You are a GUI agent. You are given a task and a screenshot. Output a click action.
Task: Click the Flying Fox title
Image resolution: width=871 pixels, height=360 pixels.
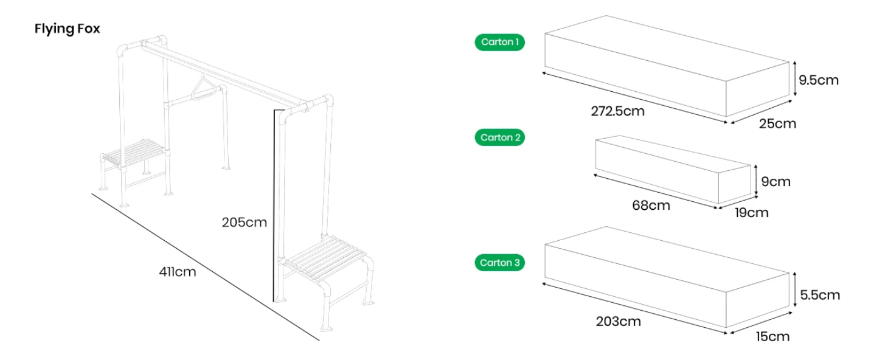(x=68, y=29)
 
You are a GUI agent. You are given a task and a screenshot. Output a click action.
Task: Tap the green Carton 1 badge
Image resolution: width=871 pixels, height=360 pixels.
(x=499, y=42)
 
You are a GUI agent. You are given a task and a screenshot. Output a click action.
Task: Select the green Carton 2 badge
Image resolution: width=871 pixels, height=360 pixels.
(x=499, y=137)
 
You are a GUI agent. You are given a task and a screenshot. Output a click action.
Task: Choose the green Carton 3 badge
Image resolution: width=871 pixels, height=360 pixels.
(x=499, y=263)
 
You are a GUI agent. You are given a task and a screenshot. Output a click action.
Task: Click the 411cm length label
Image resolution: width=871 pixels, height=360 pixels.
(x=178, y=272)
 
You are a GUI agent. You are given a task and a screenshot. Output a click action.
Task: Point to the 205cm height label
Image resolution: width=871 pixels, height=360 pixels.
(x=244, y=223)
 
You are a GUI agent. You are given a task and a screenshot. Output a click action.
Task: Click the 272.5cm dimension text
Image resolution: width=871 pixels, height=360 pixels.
(x=617, y=111)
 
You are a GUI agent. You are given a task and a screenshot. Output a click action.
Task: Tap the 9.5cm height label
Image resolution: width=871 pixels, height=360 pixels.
(x=819, y=80)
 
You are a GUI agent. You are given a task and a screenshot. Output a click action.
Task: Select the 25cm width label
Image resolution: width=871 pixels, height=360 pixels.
(x=777, y=123)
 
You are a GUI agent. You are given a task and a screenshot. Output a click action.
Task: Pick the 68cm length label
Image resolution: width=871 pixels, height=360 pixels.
(x=651, y=206)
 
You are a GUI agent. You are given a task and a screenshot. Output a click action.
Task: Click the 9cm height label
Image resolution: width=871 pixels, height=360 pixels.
(x=776, y=182)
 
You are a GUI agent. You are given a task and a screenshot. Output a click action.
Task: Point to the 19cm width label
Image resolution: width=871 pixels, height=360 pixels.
(x=751, y=213)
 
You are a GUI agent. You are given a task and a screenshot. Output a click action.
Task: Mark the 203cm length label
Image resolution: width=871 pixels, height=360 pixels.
(x=618, y=322)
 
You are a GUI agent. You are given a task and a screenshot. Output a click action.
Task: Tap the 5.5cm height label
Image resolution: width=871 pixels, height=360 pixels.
(x=820, y=295)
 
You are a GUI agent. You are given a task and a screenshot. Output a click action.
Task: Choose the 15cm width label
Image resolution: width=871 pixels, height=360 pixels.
(x=772, y=337)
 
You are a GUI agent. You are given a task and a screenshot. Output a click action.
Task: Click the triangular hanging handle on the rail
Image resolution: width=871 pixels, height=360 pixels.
(x=203, y=88)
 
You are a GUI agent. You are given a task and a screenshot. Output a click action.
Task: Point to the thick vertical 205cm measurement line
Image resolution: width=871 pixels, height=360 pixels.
(x=274, y=206)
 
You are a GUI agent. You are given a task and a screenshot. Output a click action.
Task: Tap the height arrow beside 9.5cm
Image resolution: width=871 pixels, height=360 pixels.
(x=795, y=78)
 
